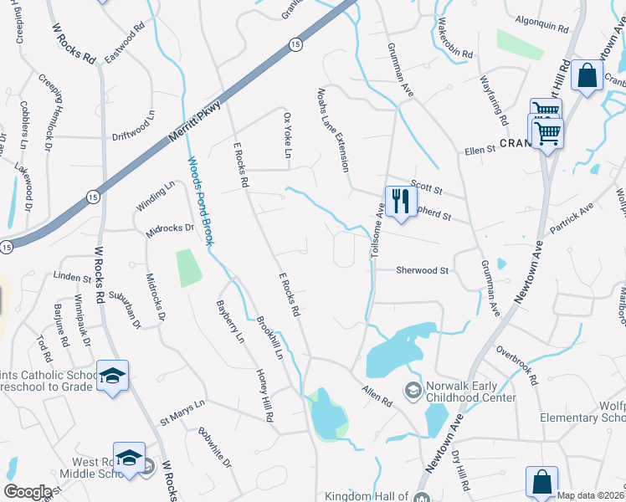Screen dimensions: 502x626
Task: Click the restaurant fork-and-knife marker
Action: click(x=400, y=202)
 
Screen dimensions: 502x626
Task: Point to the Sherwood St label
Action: click(x=423, y=271)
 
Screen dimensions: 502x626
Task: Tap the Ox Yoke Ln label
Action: click(x=286, y=136)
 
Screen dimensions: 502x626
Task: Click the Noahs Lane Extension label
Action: click(x=332, y=130)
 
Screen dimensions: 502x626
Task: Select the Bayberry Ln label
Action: click(x=229, y=322)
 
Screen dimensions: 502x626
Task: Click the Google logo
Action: click(x=27, y=492)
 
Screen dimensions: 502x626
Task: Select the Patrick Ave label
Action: click(x=571, y=218)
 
